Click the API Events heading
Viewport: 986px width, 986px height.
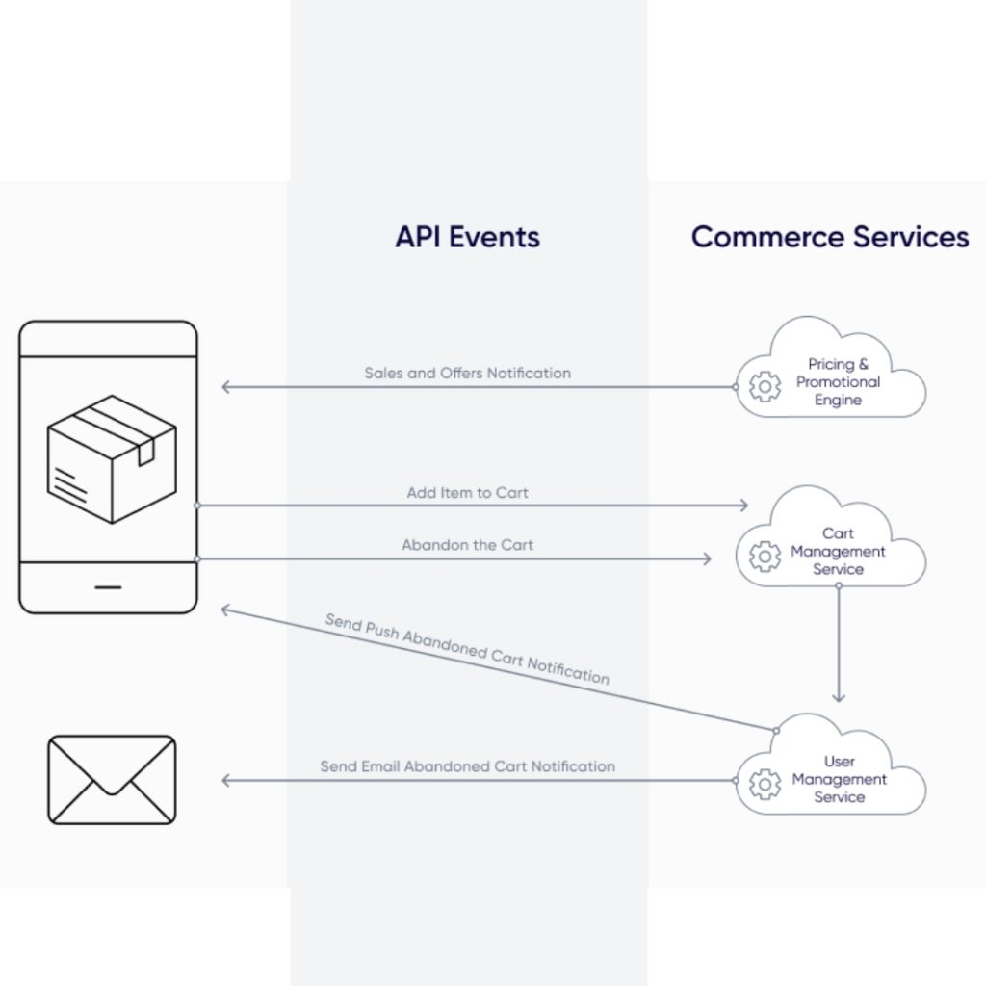pos(467,237)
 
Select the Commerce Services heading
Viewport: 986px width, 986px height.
pos(830,237)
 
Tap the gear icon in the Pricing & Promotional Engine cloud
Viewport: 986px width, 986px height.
pos(765,387)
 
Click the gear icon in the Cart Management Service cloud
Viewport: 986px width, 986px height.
pos(765,557)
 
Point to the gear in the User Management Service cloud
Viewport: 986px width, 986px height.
pos(765,785)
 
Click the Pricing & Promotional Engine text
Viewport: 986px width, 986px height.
pos(839,382)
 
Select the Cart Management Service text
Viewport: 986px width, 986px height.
pos(839,552)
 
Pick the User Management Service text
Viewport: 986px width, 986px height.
pos(839,780)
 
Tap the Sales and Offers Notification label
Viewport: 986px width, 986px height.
pos(467,373)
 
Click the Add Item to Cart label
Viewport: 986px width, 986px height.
pos(467,493)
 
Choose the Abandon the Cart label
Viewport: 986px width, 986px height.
pos(467,545)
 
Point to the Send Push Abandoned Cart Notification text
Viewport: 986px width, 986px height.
pos(467,649)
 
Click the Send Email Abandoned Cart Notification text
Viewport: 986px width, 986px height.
pos(467,766)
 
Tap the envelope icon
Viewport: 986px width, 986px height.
pos(112,780)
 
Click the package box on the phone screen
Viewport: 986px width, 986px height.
pos(112,458)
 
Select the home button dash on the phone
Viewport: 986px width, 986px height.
pos(109,586)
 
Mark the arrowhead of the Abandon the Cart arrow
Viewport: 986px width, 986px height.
pos(707,558)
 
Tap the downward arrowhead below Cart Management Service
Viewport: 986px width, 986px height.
pos(839,697)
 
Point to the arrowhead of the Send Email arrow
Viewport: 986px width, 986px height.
pos(226,780)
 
